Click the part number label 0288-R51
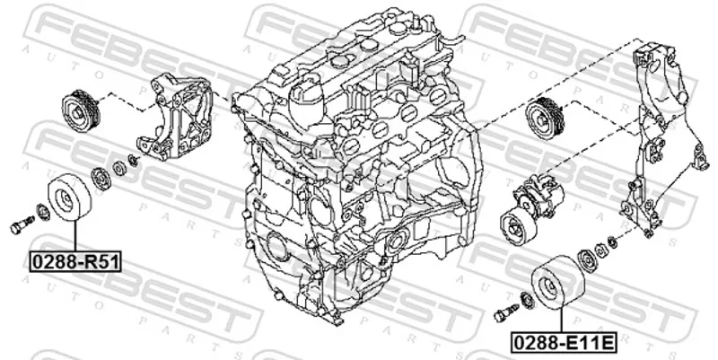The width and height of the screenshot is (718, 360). click(x=75, y=262)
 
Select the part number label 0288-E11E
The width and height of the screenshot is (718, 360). click(x=563, y=342)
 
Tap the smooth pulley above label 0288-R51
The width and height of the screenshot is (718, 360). click(x=70, y=197)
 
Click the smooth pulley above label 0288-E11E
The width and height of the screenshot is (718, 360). click(x=557, y=283)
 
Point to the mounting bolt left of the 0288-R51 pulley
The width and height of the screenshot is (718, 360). click(x=22, y=224)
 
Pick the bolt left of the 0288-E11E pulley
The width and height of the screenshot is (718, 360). click(x=506, y=312)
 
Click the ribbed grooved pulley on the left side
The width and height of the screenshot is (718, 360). click(x=81, y=111)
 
